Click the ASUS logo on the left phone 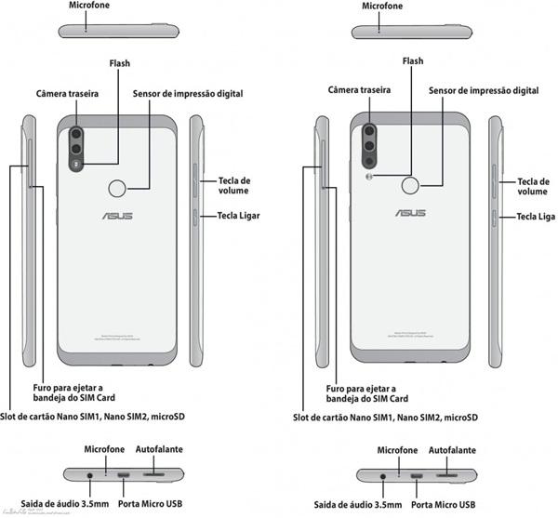coord(117,216)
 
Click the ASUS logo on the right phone coord(410,213)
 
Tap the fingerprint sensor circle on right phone coord(410,186)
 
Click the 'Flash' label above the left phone coord(119,64)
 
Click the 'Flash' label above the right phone coord(412,61)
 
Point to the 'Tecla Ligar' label coord(239,216)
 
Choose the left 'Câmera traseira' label coord(71,94)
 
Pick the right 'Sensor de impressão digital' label coord(484,91)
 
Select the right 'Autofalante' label coord(453,449)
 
